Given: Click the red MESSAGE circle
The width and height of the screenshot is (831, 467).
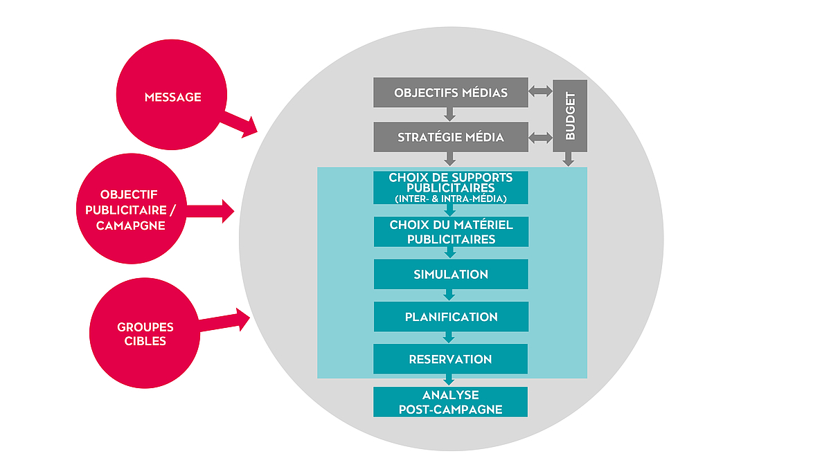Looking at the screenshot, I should [x=172, y=98].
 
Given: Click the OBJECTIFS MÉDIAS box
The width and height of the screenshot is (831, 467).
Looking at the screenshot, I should [x=450, y=93].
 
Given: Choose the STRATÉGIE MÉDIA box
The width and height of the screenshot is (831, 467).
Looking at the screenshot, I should [x=450, y=137].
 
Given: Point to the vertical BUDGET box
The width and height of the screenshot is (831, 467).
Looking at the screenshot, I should [x=570, y=115].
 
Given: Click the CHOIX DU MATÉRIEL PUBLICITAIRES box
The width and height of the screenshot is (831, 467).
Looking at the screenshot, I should [x=450, y=232].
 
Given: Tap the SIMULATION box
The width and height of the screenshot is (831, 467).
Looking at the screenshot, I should [x=450, y=274].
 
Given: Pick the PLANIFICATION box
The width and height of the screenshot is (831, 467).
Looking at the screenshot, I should [x=450, y=317].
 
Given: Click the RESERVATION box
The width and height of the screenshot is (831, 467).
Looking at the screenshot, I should [x=450, y=359].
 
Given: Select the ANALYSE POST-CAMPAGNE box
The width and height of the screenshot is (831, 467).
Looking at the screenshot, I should [x=450, y=402].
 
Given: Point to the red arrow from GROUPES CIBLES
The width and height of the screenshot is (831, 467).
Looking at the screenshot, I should [x=226, y=321].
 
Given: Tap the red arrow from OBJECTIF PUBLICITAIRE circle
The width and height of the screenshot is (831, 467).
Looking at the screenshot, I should [x=211, y=210].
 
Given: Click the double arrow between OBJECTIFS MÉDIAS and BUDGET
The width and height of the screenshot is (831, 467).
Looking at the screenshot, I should [x=540, y=91].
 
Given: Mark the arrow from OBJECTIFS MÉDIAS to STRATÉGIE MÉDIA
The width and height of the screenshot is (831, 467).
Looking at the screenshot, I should [x=450, y=115].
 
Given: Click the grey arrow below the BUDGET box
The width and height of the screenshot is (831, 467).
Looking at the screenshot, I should [x=569, y=159].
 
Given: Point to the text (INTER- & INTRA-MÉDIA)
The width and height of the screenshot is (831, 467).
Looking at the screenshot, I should [x=450, y=199].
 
